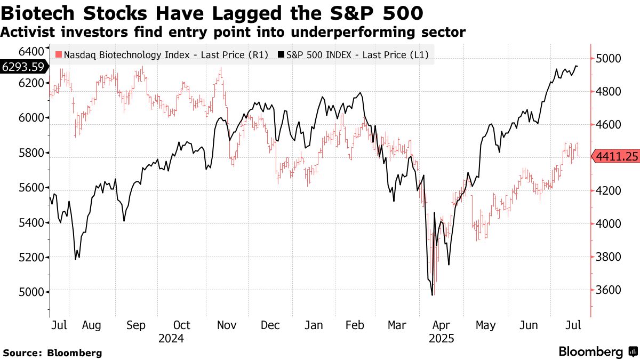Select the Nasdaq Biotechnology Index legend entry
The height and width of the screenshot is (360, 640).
click(162, 54)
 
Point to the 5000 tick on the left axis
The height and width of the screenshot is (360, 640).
click(31, 292)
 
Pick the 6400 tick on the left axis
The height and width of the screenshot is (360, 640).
click(31, 51)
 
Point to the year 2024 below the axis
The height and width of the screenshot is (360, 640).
click(171, 339)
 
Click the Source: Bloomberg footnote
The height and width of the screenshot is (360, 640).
click(52, 353)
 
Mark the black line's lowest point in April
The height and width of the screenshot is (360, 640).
click(432, 295)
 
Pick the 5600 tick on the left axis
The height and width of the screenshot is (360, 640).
click(31, 188)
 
